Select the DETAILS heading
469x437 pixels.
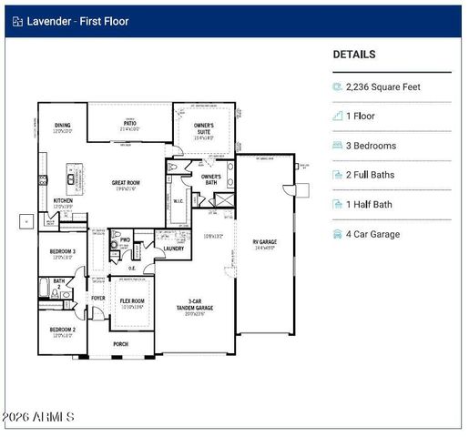pos(353,55)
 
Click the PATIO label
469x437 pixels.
pos(130,123)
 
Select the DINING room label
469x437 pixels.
pos(62,126)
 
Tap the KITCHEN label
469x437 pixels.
pos(63,200)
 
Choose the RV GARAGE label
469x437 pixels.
pos(265,241)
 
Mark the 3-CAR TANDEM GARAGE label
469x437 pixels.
pos(190,305)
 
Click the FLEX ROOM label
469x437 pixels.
pos(131,300)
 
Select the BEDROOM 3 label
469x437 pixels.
pos(62,251)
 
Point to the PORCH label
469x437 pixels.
pos(120,344)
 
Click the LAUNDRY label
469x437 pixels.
pos(174,248)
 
